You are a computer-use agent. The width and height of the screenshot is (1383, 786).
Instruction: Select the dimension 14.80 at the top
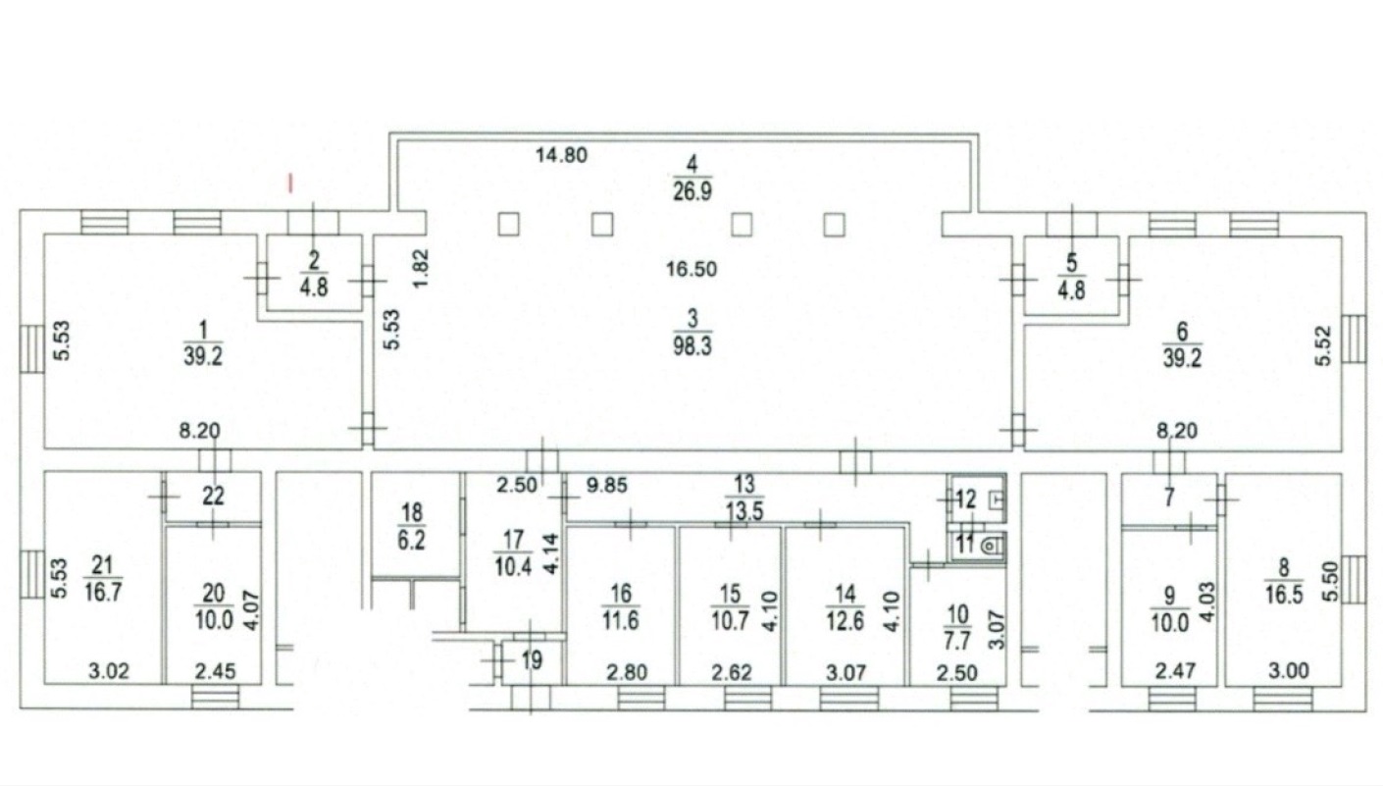(562, 154)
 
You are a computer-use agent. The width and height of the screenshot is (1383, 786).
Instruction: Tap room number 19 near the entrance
(531, 660)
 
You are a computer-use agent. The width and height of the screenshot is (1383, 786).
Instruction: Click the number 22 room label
(213, 497)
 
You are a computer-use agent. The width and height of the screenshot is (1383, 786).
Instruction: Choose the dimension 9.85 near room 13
(604, 483)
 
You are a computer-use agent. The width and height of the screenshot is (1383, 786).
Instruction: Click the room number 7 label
(1169, 498)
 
